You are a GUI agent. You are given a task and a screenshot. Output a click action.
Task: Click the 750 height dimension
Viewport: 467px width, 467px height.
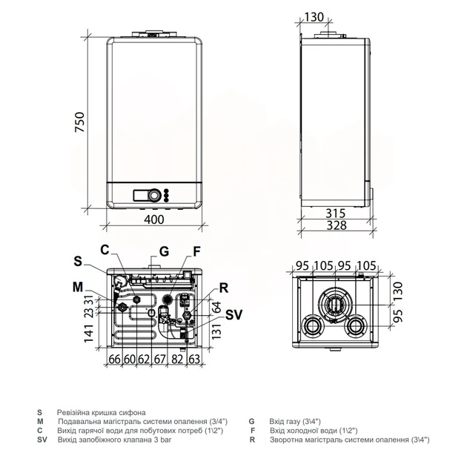coord(80,122)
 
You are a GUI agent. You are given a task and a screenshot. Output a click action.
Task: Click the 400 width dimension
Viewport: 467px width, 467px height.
coord(154,219)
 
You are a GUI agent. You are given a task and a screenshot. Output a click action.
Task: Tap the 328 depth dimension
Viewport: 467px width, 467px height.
coord(337,225)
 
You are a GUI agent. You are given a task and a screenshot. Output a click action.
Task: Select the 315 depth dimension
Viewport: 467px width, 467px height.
coord(335,213)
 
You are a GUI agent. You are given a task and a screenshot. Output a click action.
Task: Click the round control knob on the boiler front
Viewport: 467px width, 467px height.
coord(155,195)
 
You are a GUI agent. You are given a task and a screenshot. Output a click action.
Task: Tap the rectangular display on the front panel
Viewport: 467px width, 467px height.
coord(140,195)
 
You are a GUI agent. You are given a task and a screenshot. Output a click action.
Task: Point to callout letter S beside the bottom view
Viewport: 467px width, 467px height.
coord(78,261)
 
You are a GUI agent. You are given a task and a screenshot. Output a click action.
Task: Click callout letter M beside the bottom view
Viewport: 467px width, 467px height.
coord(78,288)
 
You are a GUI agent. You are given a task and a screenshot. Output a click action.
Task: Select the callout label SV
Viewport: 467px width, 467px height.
coord(233,314)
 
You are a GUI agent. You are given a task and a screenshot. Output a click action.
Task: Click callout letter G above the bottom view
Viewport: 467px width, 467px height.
coord(164,252)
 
